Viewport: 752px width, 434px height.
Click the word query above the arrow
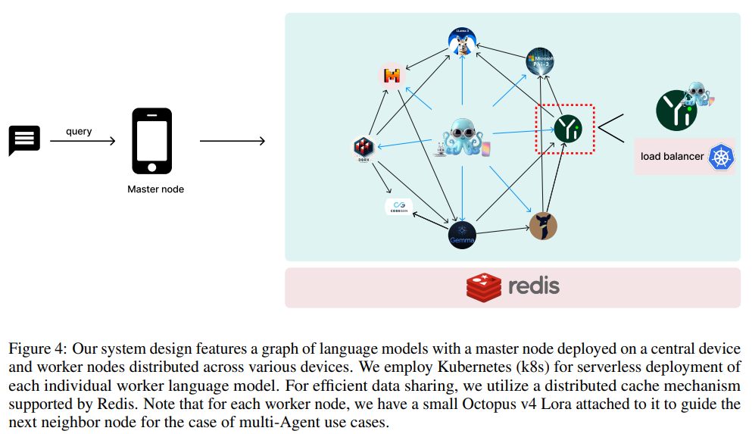(79, 131)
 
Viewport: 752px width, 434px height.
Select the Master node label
(155, 189)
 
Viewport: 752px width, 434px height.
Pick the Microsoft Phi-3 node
(540, 61)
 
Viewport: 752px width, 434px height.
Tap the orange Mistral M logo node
(392, 76)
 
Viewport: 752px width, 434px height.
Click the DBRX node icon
(364, 148)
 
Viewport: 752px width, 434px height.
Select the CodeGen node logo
(398, 207)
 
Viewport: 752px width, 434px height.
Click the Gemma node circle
(462, 236)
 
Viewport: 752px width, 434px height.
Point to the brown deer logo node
(543, 226)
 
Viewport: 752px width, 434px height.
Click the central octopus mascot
(462, 139)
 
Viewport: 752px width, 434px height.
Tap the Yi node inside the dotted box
(566, 129)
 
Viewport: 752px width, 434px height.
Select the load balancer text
(672, 157)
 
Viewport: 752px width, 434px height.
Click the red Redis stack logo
(484, 286)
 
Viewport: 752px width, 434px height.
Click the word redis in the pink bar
(533, 286)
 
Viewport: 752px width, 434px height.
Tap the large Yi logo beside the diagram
(673, 108)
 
